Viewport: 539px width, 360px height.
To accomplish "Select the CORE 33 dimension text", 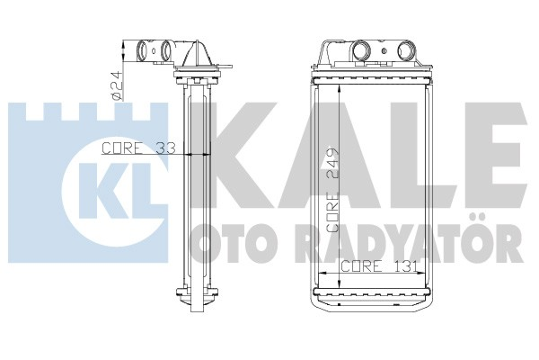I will click(x=137, y=148).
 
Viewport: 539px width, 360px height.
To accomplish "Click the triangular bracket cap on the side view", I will click(x=193, y=58).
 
